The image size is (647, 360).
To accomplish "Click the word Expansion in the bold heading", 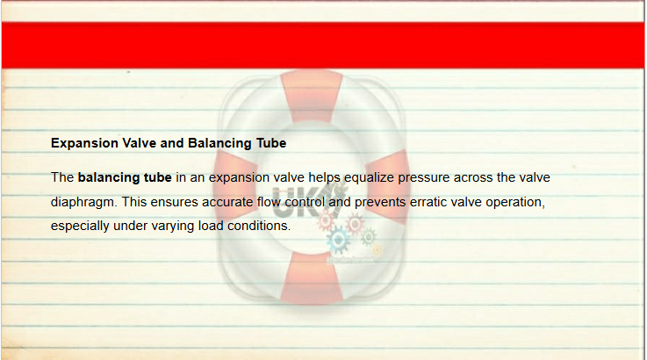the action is [x=84, y=144].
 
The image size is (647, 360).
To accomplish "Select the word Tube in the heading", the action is [x=271, y=143].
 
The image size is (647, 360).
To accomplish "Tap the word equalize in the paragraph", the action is [x=369, y=178].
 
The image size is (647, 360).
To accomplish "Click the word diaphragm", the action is [x=84, y=202].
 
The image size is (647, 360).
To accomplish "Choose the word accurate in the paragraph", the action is [x=227, y=202].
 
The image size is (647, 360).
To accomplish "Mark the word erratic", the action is [x=428, y=202].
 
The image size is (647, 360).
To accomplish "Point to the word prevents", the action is [x=380, y=202].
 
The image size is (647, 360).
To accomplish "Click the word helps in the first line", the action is [x=324, y=178].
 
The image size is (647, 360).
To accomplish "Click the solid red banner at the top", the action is [x=323, y=45].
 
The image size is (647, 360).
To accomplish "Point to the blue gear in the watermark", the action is [x=338, y=240].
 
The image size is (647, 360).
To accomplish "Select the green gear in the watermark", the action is [x=368, y=236].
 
